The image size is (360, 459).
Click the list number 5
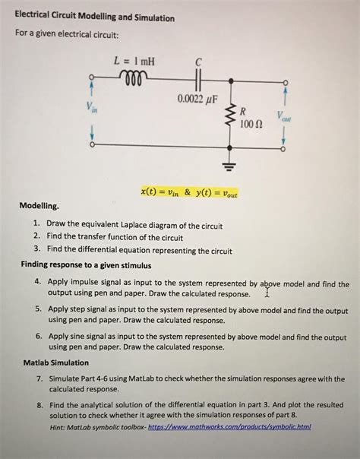coord(38,311)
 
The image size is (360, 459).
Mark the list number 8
coord(38,406)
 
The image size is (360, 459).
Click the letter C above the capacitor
coord(199,62)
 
